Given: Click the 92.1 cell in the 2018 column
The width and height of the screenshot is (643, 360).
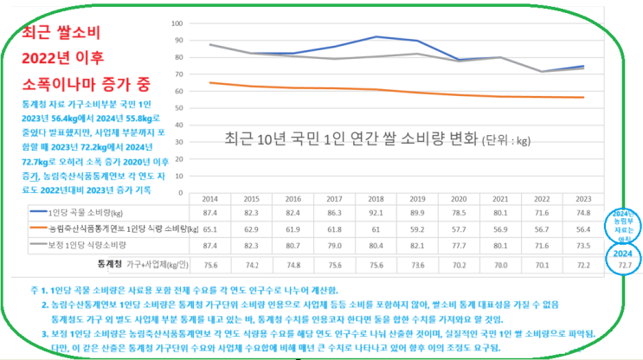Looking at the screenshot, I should coord(395,211).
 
